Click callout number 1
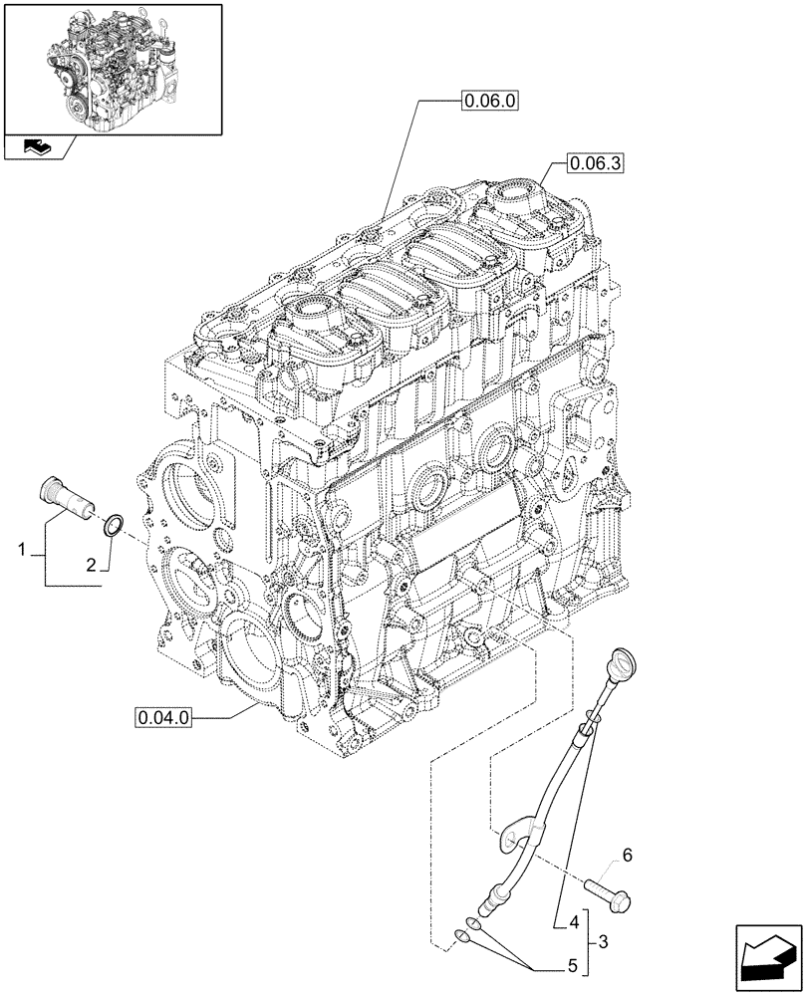(20, 549)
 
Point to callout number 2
(91, 565)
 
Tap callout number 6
(626, 855)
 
